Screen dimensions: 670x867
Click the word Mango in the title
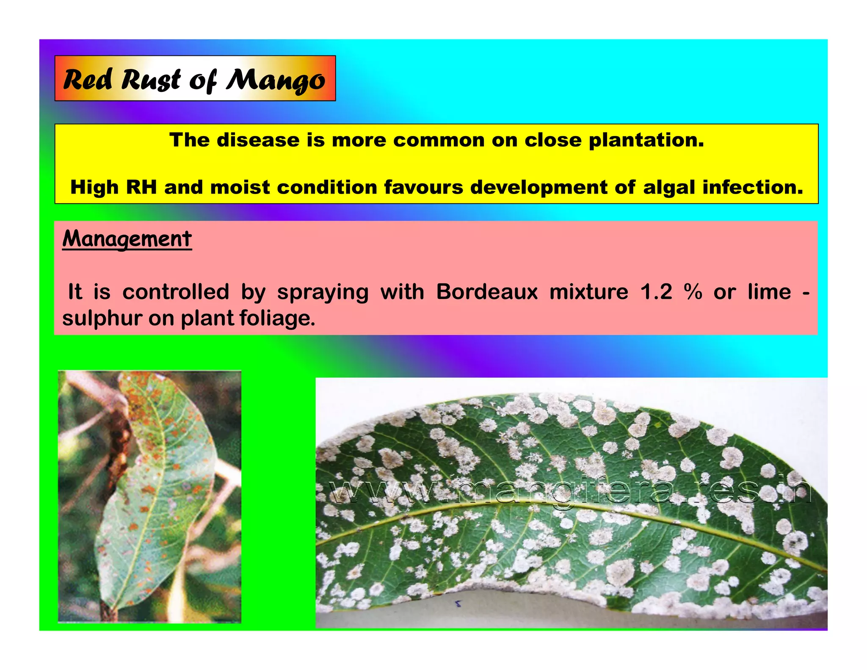point(276,80)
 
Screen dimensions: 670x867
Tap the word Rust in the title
point(151,80)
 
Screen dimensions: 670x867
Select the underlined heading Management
point(127,239)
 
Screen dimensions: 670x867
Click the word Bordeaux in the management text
point(487,292)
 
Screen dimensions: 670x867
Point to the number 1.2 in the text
point(656,292)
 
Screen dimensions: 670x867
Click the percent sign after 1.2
point(693,292)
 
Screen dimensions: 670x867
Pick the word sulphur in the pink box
point(102,318)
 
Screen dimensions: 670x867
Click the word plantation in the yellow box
point(646,140)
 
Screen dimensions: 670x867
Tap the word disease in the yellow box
point(258,140)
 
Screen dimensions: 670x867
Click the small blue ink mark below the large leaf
point(457,603)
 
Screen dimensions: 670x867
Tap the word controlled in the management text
point(176,292)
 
